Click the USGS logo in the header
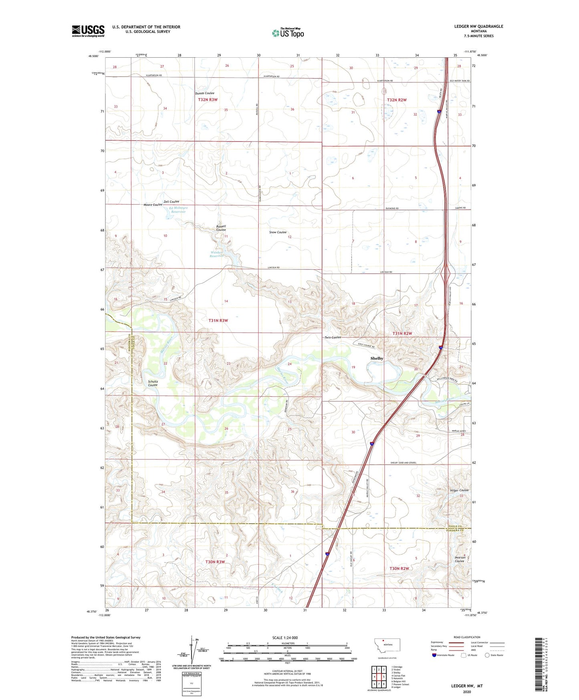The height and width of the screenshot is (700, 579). [x=88, y=31]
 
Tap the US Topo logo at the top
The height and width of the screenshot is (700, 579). [x=288, y=33]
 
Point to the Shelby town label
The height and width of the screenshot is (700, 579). [x=377, y=358]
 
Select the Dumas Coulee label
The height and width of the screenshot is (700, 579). [x=204, y=93]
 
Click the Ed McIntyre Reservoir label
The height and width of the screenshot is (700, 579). [x=178, y=210]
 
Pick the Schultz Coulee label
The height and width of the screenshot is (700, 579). [x=153, y=383]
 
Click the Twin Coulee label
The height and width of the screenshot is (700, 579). [x=333, y=338]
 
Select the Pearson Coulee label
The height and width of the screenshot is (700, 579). [x=460, y=559]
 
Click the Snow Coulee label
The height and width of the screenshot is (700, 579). [x=278, y=232]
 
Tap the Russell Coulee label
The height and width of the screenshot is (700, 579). [x=221, y=228]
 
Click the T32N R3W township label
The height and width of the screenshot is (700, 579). [x=208, y=99]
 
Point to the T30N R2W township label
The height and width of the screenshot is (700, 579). [x=399, y=568]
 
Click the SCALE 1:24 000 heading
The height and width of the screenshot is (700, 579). [x=284, y=637]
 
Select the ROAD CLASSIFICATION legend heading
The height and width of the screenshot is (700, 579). [x=467, y=637]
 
